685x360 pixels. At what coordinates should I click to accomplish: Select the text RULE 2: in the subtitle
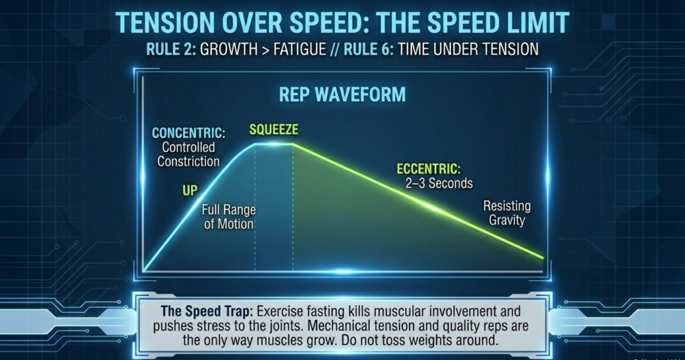pyautogui.click(x=167, y=50)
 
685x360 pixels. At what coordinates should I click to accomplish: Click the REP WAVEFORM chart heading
pyautogui.click(x=342, y=94)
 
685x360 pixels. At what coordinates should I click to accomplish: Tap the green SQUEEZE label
pyautogui.click(x=274, y=129)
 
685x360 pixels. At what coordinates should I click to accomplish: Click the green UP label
pyautogui.click(x=190, y=191)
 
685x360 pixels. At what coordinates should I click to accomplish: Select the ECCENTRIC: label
pyautogui.click(x=428, y=169)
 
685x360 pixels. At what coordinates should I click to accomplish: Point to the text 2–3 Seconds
pyautogui.click(x=439, y=183)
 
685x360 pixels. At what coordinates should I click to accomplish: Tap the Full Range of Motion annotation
pyautogui.click(x=229, y=217)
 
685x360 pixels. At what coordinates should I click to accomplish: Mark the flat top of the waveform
pyautogui.click(x=274, y=145)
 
